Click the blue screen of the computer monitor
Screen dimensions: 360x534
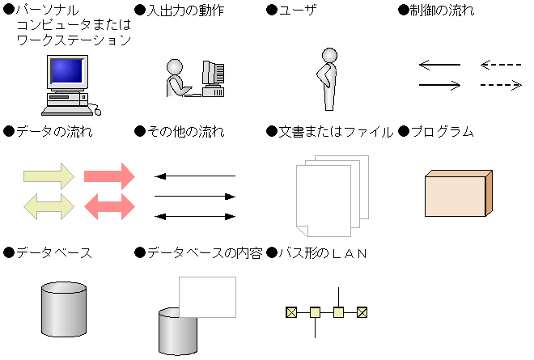(x=66, y=73)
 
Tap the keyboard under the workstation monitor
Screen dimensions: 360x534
(x=66, y=100)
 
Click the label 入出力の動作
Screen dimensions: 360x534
(x=185, y=11)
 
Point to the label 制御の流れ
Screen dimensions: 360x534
(x=443, y=11)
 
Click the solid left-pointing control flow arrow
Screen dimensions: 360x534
(x=439, y=65)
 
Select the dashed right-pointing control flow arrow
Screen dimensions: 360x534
(x=501, y=84)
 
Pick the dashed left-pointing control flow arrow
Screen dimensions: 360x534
(x=501, y=65)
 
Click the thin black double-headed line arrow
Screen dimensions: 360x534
(x=195, y=216)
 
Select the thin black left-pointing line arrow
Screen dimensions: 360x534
(x=195, y=176)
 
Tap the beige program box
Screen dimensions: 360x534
(x=457, y=194)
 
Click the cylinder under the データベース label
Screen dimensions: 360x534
(x=63, y=311)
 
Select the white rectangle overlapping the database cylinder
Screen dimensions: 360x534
(x=207, y=297)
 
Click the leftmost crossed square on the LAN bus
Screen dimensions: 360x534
(x=290, y=311)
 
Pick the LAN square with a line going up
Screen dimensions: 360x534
(x=338, y=311)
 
